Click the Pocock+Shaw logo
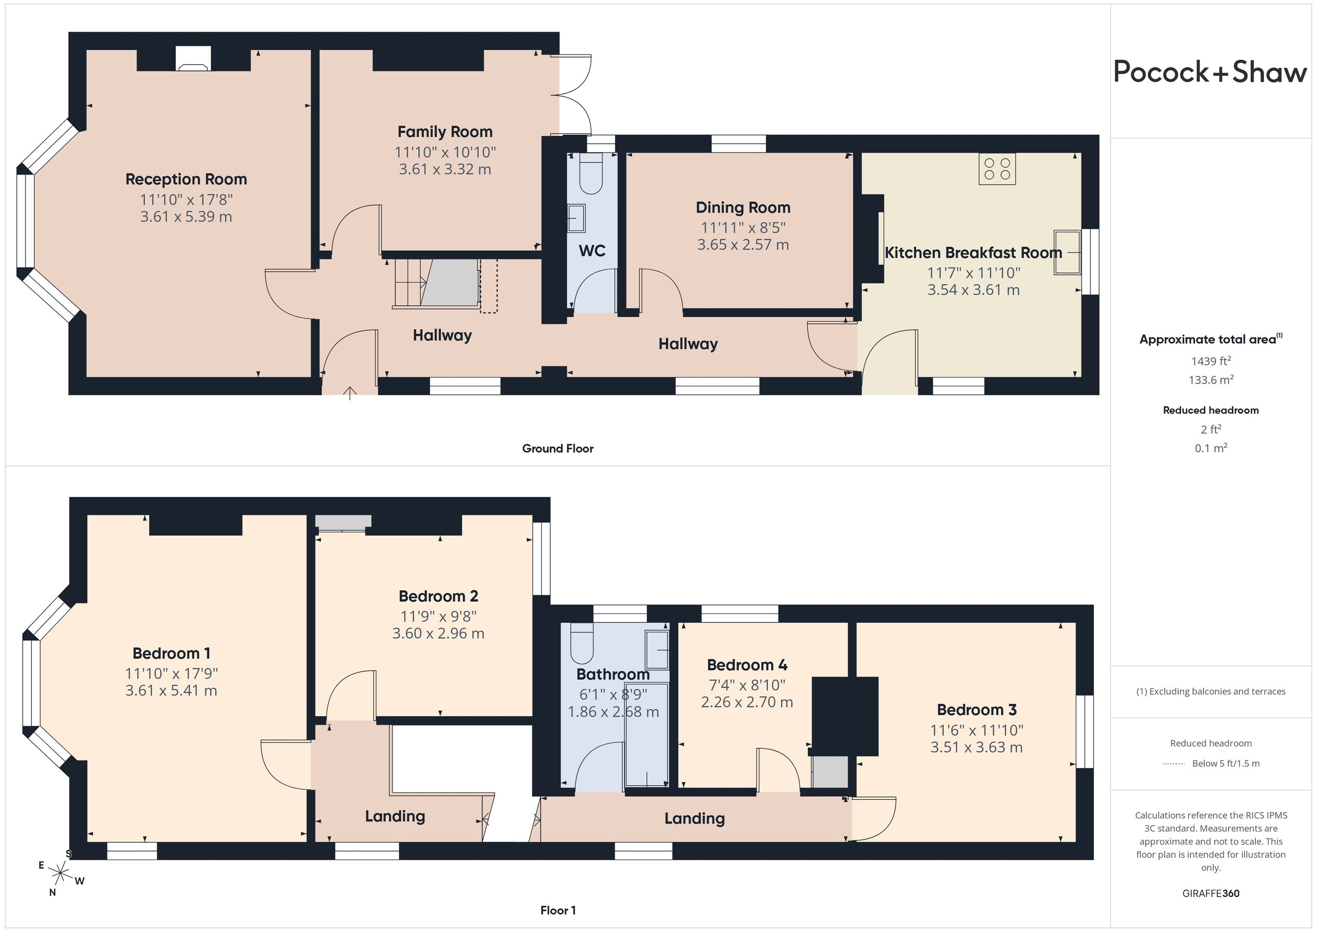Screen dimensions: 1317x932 1211,73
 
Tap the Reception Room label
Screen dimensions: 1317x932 186,179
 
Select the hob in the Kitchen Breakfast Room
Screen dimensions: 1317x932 997,169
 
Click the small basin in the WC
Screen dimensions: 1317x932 576,219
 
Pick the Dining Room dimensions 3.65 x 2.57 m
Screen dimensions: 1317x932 743,244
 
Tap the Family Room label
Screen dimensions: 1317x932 444,131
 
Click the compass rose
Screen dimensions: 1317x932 60,873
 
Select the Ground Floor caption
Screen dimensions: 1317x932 558,448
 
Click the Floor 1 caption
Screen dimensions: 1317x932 558,910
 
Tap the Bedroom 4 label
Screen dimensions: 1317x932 747,664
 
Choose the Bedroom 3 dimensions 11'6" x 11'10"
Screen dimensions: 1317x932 976,730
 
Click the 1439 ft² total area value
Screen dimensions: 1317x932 1211,361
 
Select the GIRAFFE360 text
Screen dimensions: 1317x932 1211,893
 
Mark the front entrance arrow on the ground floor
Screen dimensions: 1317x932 350,393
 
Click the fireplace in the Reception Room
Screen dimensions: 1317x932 193,59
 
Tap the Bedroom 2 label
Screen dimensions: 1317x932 438,596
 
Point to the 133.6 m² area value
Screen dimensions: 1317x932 1211,379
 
